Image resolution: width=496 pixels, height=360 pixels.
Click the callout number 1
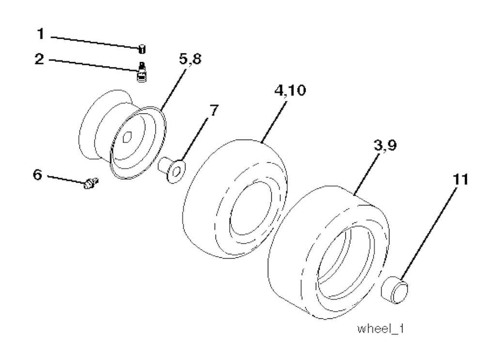(x=41, y=35)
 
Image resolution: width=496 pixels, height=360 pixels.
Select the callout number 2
(x=40, y=60)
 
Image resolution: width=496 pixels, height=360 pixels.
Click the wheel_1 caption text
(x=381, y=329)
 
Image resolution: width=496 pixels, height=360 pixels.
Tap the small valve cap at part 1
(x=142, y=48)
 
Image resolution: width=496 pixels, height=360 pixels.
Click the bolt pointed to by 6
(x=90, y=184)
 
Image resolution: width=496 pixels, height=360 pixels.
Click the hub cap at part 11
(x=395, y=290)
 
